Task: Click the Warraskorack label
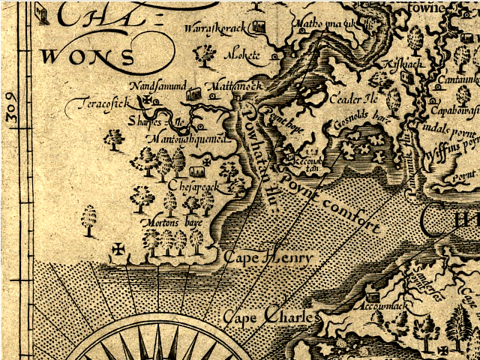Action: (216, 28)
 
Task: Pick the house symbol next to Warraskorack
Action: (259, 28)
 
